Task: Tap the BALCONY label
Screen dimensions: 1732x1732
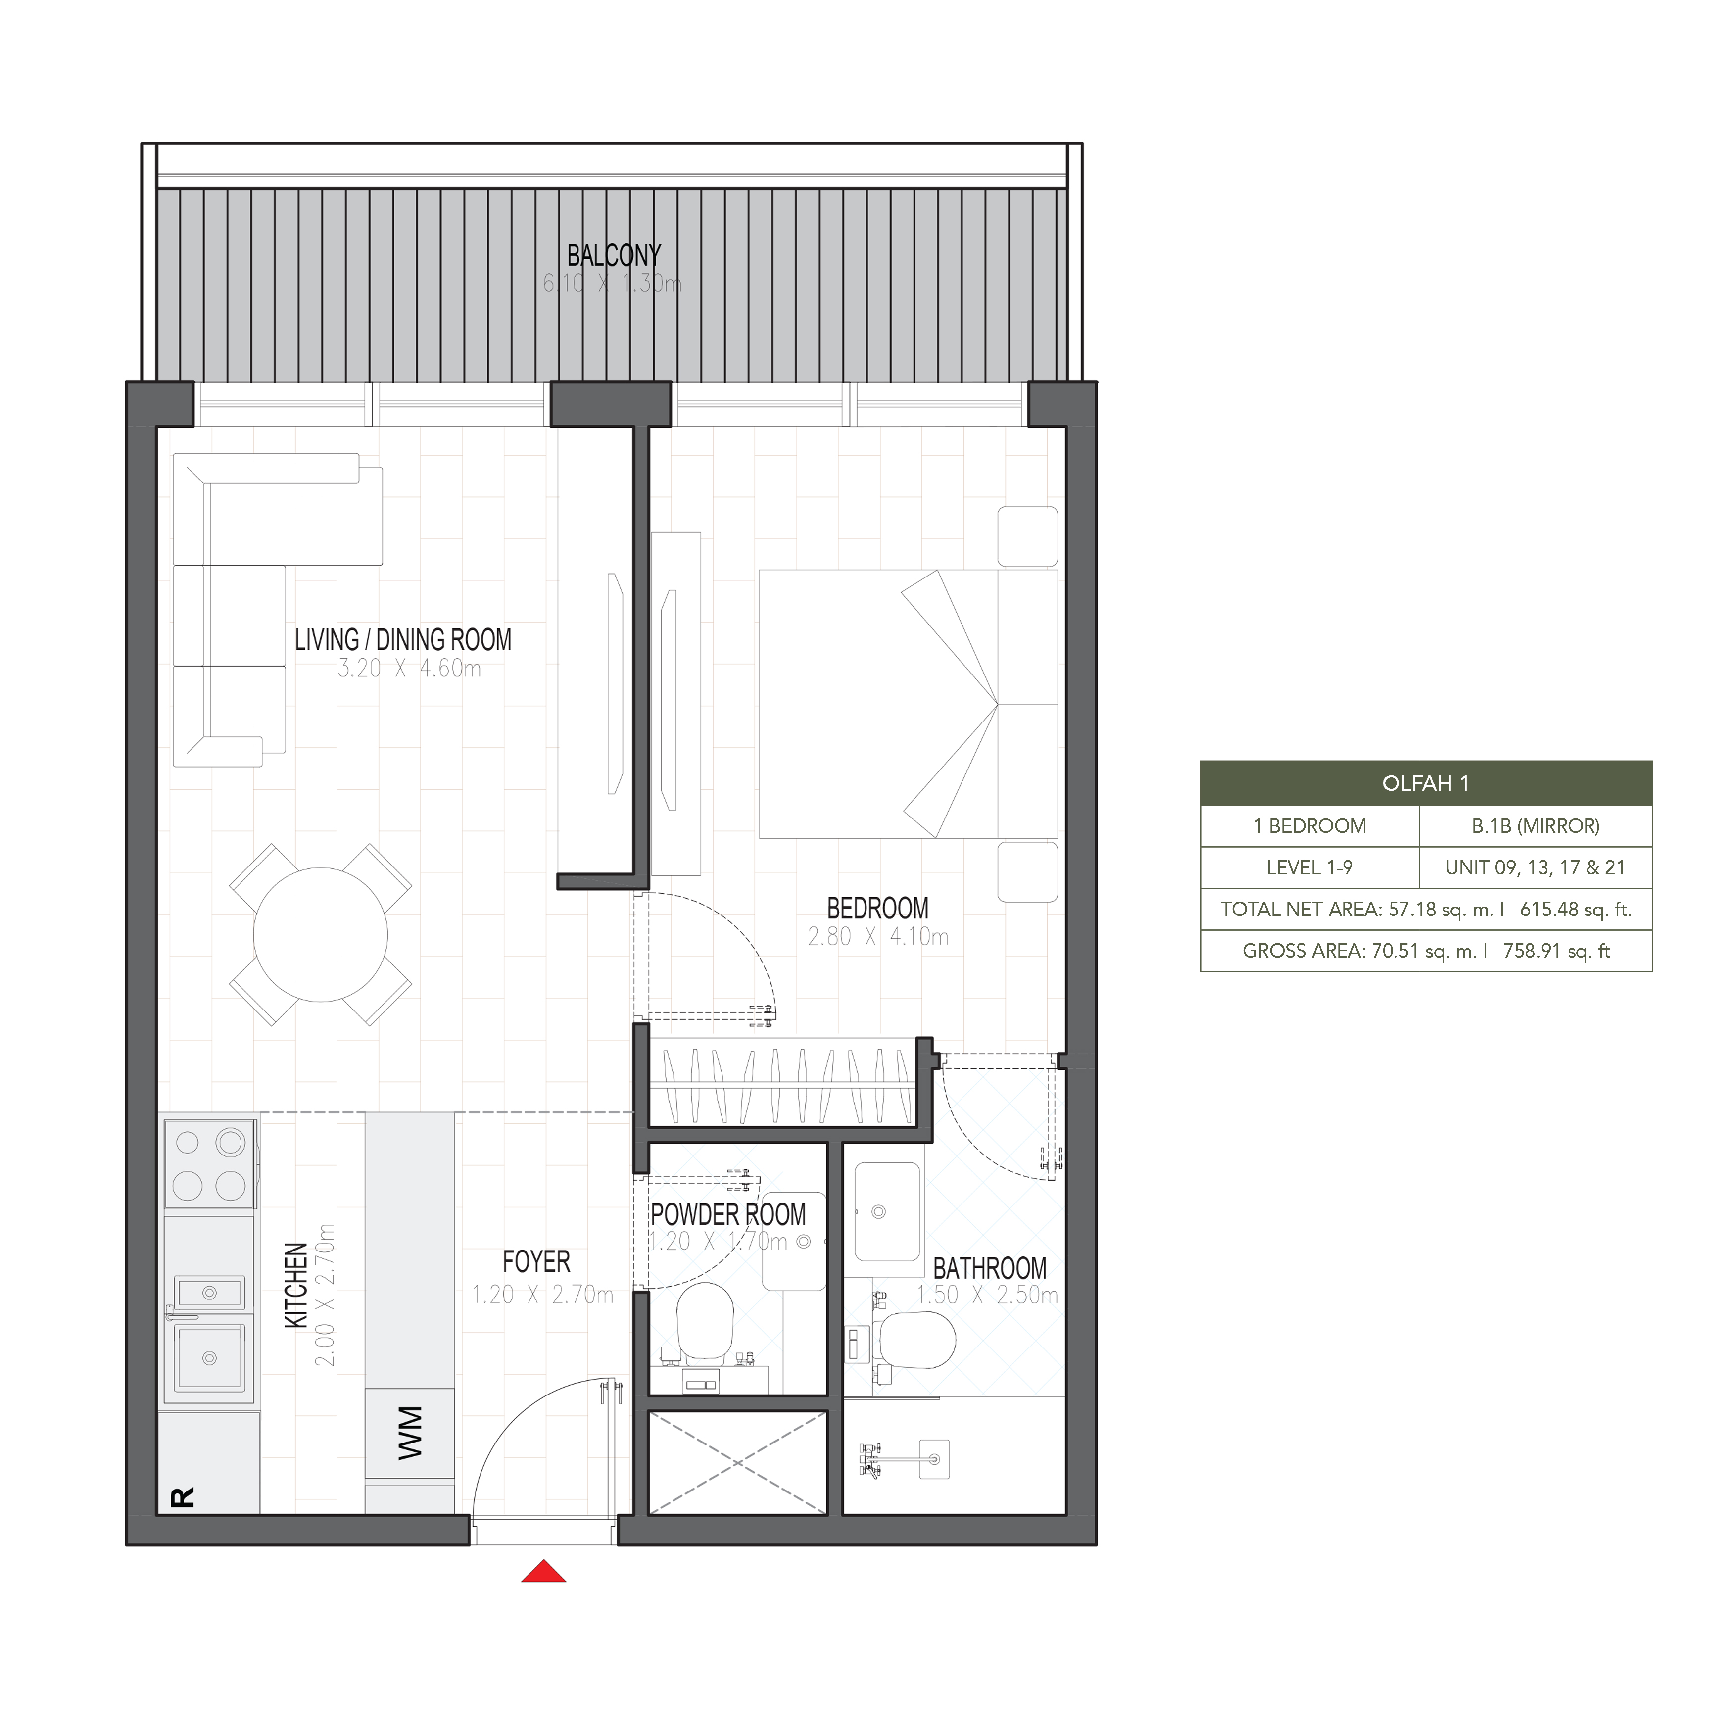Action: click(614, 255)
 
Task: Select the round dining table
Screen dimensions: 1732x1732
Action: click(320, 935)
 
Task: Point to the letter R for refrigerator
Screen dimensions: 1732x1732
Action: click(182, 1497)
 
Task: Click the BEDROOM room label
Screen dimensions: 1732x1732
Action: click(878, 908)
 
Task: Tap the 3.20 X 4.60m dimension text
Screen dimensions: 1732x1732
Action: click(410, 669)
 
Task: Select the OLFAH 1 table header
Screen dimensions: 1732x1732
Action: click(1425, 783)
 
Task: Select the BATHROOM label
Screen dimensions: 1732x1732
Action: click(990, 1268)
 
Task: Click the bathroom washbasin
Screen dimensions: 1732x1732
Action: click(887, 1212)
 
